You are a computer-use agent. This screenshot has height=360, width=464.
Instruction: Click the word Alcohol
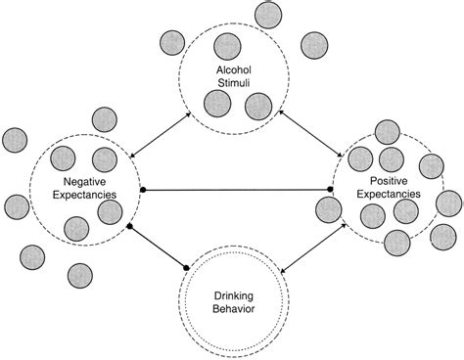pyautogui.click(x=233, y=69)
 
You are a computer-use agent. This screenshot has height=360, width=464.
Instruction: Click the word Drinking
pyautogui.click(x=233, y=294)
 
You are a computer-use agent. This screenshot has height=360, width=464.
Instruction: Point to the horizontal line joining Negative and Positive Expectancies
pyautogui.click(x=235, y=189)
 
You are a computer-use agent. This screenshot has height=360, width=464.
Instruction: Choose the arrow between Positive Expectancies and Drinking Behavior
pyautogui.click(x=311, y=248)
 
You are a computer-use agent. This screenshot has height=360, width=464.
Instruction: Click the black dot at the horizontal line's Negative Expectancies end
pyautogui.click(x=144, y=189)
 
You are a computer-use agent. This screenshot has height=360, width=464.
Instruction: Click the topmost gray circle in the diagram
pyautogui.click(x=266, y=14)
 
